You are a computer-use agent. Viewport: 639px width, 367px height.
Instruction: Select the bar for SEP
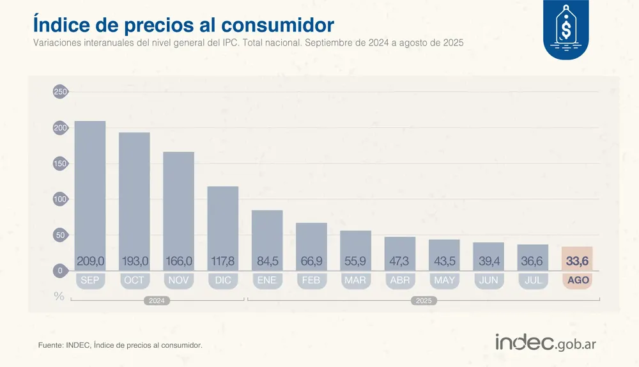tap(90, 192)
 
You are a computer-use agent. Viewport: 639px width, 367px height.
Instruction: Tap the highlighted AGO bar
tap(577, 258)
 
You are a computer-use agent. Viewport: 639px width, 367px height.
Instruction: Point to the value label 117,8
tap(223, 261)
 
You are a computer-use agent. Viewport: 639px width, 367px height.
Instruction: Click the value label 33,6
tap(577, 261)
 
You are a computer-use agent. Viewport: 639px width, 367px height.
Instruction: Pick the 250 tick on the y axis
tap(60, 92)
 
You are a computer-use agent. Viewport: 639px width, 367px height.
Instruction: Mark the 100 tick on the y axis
tap(60, 199)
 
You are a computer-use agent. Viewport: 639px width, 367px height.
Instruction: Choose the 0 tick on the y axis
tap(60, 271)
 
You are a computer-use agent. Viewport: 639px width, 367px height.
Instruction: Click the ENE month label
tap(267, 281)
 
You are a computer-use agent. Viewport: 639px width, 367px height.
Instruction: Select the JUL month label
tap(533, 281)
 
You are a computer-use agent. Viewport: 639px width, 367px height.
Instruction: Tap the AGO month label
tap(577, 281)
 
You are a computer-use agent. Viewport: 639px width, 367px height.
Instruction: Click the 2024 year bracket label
tap(157, 300)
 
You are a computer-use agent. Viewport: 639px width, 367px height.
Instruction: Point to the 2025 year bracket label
tap(422, 300)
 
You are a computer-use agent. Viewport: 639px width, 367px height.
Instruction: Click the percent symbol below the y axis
tap(59, 297)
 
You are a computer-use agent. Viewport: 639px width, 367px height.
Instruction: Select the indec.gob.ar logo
tap(546, 342)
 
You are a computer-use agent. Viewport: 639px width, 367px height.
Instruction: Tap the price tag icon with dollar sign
tap(566, 28)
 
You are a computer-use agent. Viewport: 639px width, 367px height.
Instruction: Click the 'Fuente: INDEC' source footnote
tap(120, 345)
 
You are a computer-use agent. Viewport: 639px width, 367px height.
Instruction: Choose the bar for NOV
tap(178, 205)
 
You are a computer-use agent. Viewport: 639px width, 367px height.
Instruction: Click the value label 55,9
tap(355, 261)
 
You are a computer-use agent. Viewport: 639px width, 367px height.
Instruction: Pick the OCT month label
tap(134, 281)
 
